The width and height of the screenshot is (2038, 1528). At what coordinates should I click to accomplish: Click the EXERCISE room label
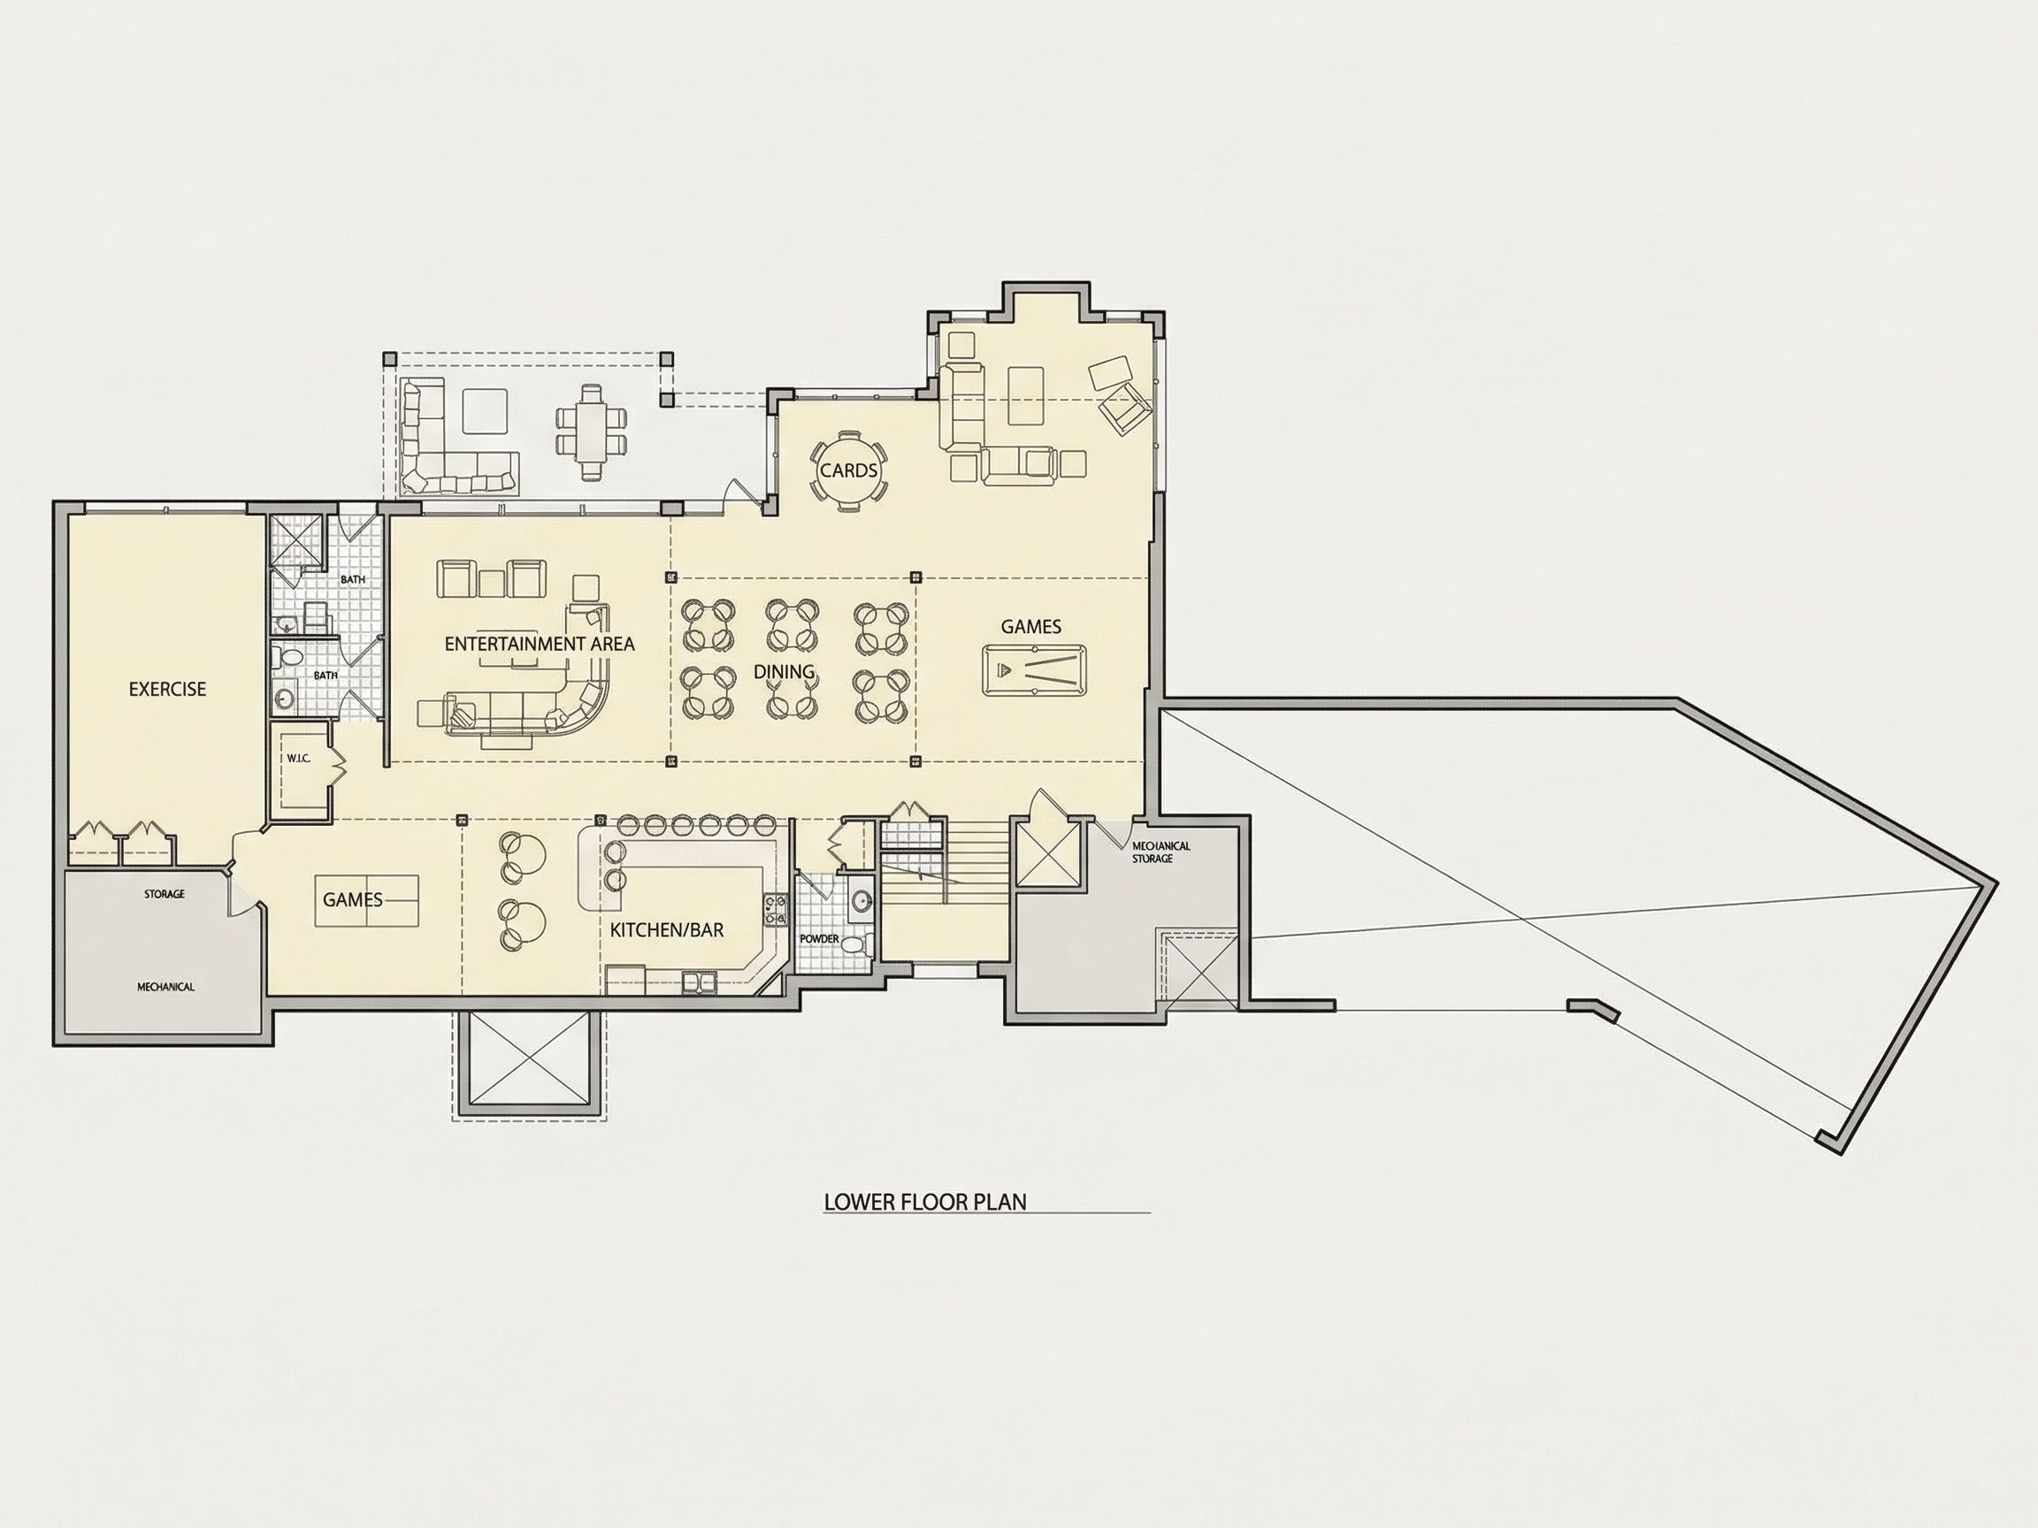coord(168,689)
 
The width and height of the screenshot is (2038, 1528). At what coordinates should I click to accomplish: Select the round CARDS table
coord(848,470)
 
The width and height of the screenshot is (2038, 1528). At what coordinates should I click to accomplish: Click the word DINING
coord(784,671)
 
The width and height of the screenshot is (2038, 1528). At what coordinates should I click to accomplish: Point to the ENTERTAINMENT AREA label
coord(540,644)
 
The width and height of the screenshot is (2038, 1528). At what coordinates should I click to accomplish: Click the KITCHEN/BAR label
coord(667,930)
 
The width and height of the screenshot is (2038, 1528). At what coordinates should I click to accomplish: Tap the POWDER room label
coord(819,938)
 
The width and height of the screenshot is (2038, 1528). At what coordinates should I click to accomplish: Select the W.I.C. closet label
coord(298,758)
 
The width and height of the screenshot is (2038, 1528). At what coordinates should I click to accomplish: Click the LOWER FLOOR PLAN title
coord(925,1202)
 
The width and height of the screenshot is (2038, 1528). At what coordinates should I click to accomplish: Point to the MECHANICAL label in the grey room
coord(165,987)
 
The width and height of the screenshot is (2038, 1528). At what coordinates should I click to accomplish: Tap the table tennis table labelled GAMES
coord(368,900)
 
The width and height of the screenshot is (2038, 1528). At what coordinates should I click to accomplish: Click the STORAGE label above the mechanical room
coord(164,893)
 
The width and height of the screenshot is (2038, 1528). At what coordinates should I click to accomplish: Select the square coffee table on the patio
coord(485,412)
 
